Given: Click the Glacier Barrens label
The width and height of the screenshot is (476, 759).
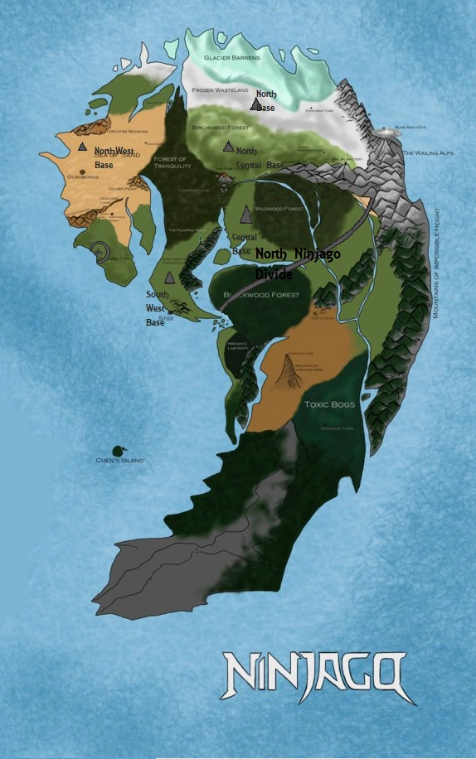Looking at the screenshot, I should [x=232, y=58].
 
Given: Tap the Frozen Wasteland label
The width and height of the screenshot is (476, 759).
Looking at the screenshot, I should [x=220, y=89].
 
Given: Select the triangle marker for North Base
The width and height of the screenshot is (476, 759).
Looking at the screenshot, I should [x=255, y=104].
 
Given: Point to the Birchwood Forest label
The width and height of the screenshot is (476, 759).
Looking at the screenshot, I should [x=221, y=128].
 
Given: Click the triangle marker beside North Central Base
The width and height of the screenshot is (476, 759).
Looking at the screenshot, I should [x=228, y=147].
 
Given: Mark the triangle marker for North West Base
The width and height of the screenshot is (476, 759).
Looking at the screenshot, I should [x=82, y=147].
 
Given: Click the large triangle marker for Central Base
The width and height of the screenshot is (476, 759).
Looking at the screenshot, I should [x=245, y=215].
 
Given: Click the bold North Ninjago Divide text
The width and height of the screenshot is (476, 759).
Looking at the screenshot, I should [x=297, y=263].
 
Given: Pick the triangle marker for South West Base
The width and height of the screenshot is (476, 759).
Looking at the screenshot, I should [x=169, y=278].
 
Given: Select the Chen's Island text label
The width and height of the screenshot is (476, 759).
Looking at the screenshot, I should [x=119, y=461].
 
